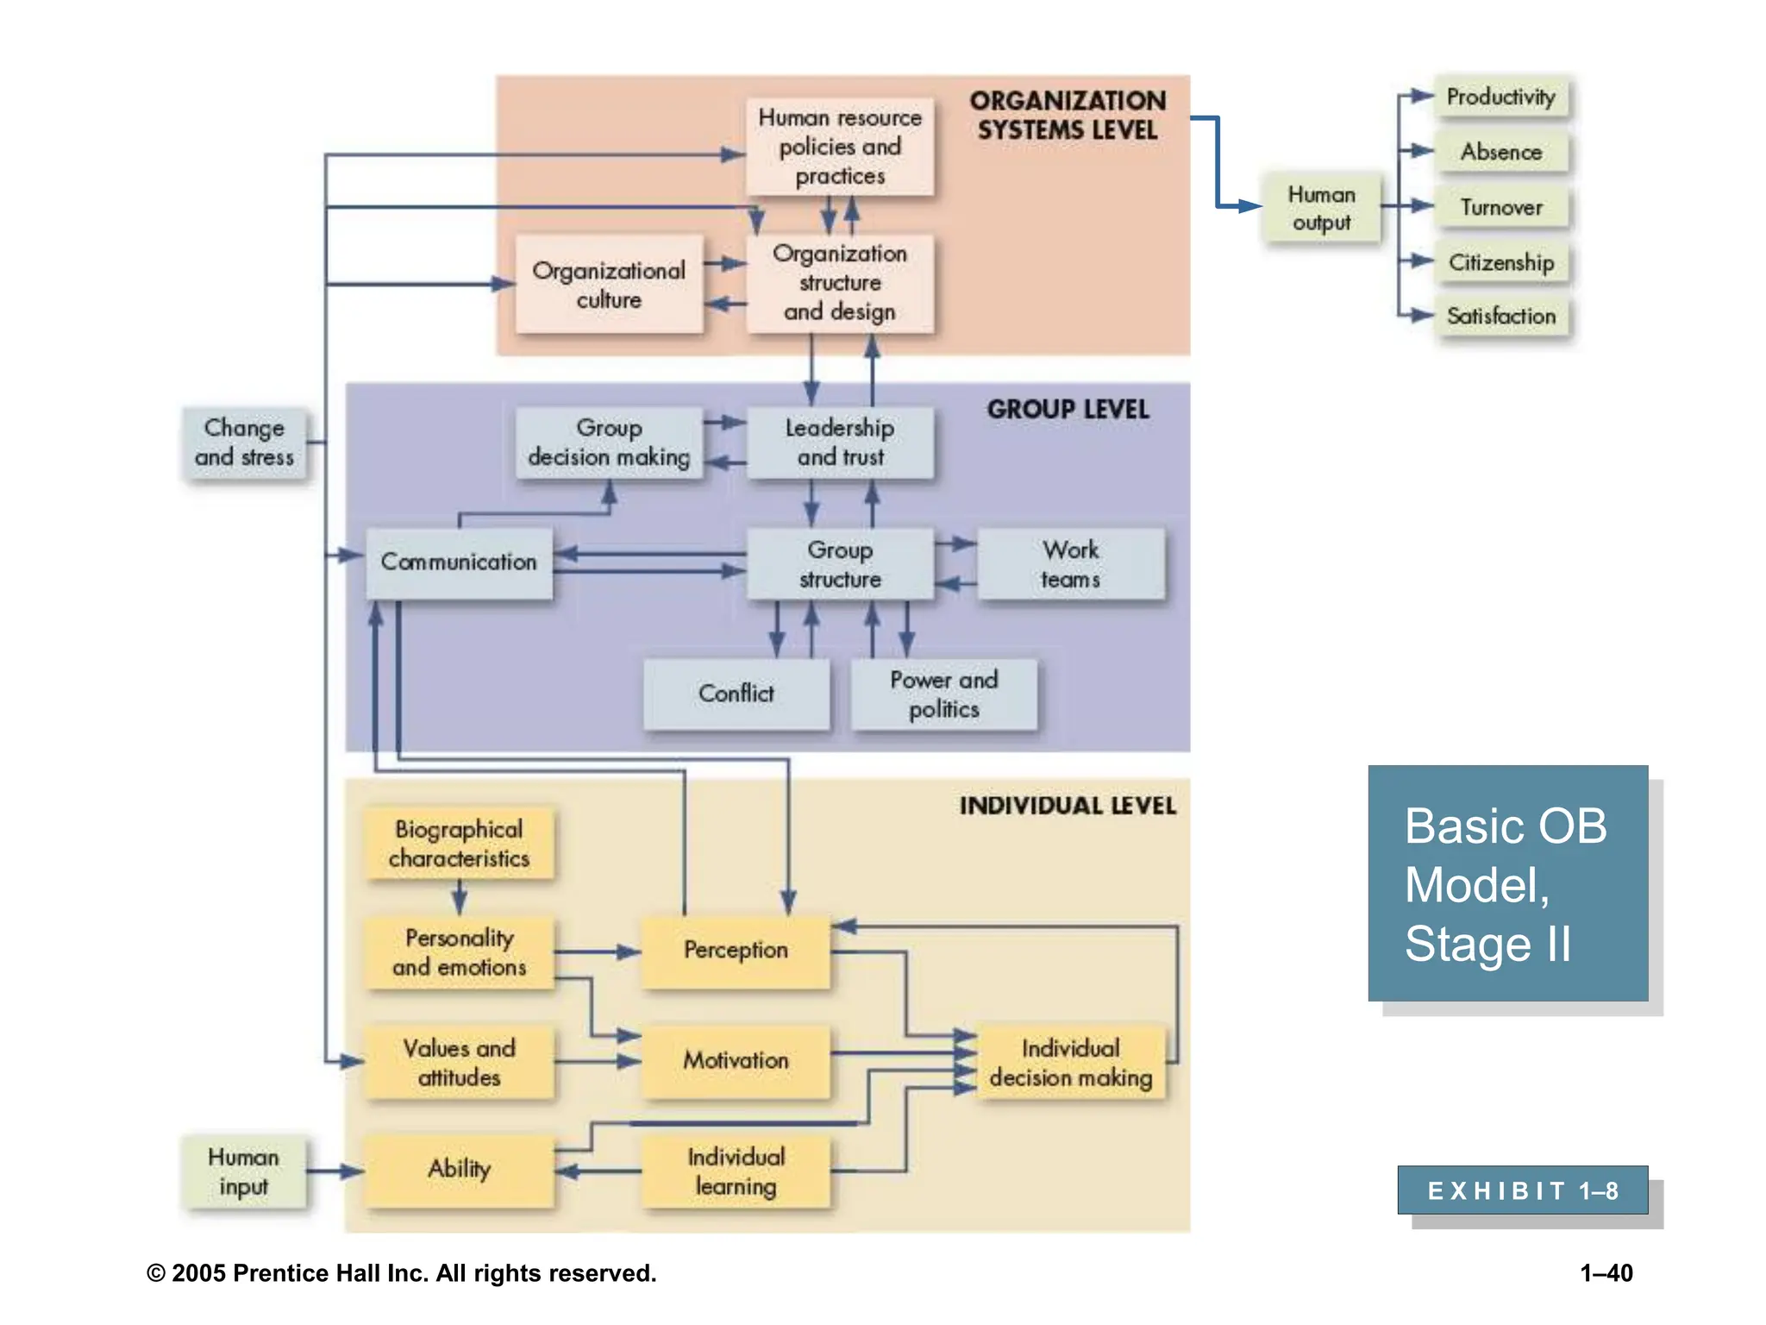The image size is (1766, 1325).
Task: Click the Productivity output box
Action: click(1500, 97)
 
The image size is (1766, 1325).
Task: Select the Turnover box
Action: click(1500, 207)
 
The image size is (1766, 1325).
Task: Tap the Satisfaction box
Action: click(1500, 316)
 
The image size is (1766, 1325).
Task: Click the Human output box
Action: click(1321, 208)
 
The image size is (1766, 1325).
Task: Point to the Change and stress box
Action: click(244, 443)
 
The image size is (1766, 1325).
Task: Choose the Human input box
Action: click(243, 1171)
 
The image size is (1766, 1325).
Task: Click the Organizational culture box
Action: click(609, 285)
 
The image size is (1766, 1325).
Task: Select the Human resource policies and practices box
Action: click(840, 147)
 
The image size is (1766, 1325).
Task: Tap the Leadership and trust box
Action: click(840, 442)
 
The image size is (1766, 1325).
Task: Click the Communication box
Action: click(459, 562)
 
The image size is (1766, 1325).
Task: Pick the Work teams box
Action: click(1070, 564)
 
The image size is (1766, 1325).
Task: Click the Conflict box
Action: click(736, 694)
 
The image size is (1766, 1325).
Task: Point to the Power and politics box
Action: click(943, 694)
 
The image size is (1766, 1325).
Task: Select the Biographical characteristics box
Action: click(459, 843)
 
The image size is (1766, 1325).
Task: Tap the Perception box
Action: click(736, 950)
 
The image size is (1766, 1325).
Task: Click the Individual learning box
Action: click(736, 1171)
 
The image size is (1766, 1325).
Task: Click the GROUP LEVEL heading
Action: click(1068, 410)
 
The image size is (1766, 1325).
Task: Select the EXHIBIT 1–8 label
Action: click(1522, 1190)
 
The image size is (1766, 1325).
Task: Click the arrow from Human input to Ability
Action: click(335, 1171)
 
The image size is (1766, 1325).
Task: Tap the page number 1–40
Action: click(1606, 1273)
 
